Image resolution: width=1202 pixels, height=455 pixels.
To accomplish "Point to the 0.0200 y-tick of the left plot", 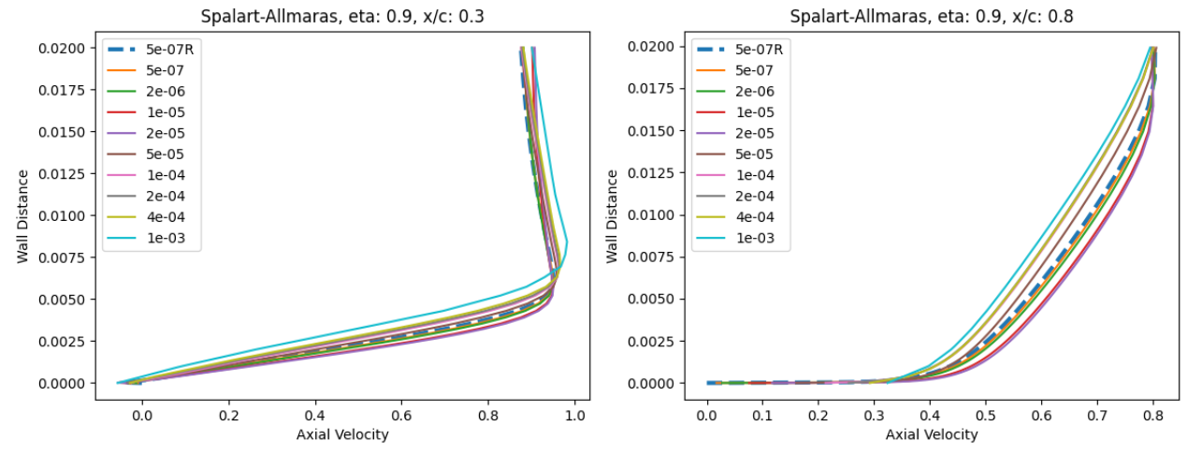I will (x=65, y=48).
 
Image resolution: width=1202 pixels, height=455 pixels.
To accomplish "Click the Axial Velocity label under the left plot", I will (x=342, y=434).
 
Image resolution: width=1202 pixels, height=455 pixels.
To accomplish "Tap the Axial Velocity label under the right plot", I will (x=932, y=434).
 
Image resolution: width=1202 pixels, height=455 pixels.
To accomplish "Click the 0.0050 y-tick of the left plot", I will (x=65, y=300).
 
